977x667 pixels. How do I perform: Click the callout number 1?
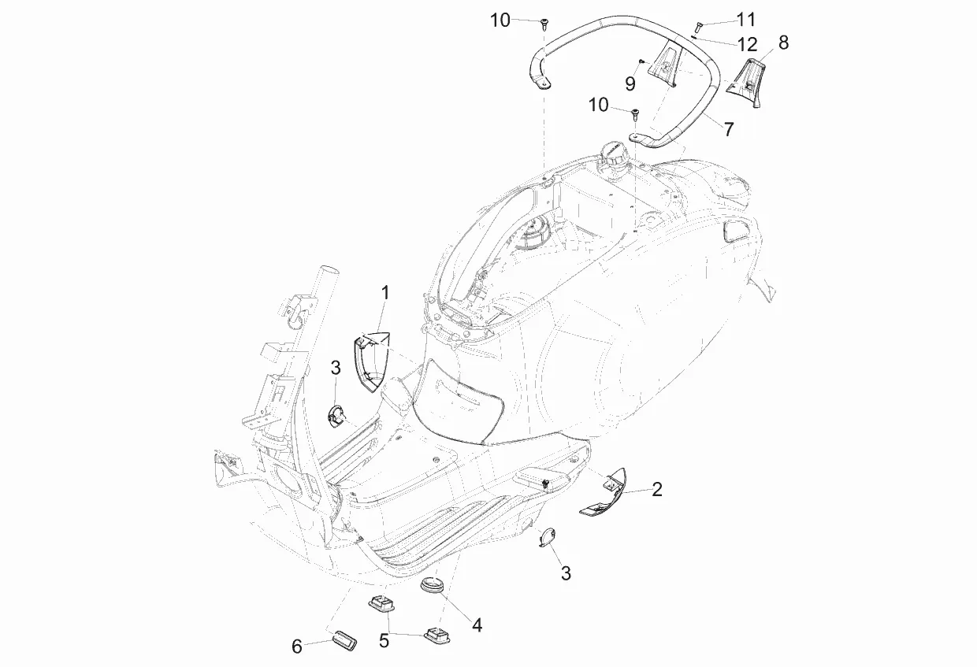(384, 293)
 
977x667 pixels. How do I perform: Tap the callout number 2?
(657, 490)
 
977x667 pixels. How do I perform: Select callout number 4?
(477, 625)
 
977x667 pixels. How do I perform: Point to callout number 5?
(384, 641)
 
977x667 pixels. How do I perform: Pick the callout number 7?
(729, 129)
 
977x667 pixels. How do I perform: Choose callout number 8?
(783, 43)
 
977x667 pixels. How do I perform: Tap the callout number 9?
(630, 83)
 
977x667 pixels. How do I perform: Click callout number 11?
(746, 19)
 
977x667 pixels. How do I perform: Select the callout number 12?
(747, 44)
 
